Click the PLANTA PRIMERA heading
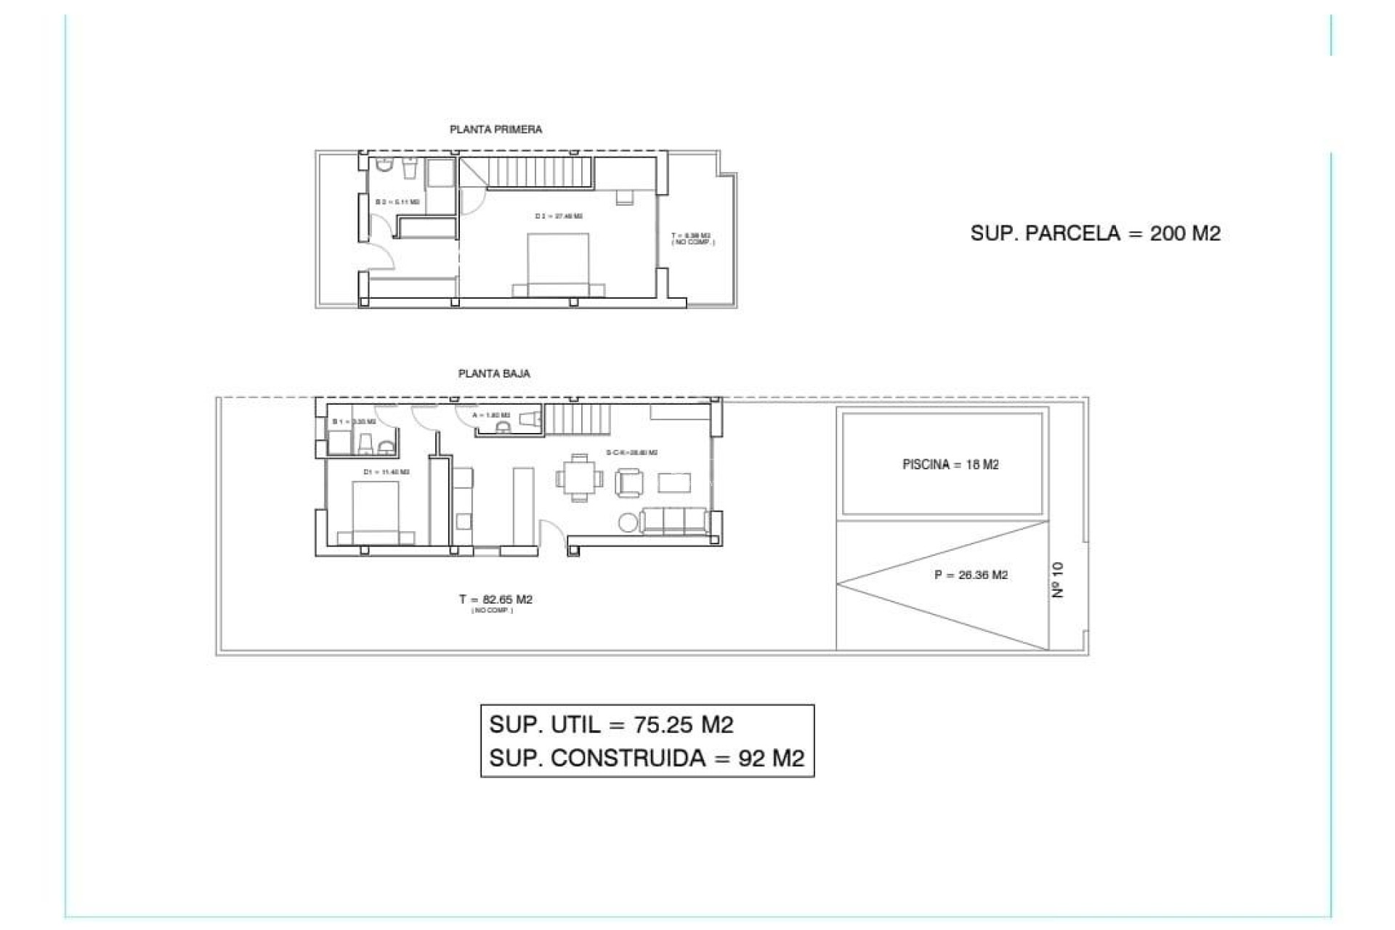pyautogui.click(x=496, y=129)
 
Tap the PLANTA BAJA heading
pyautogui.click(x=494, y=373)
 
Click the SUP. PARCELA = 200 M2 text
pyautogui.click(x=1095, y=233)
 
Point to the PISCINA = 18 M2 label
pyautogui.click(x=950, y=464)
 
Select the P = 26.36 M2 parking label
pyautogui.click(x=971, y=575)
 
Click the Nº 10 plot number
pyautogui.click(x=1058, y=579)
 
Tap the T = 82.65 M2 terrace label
pyautogui.click(x=496, y=599)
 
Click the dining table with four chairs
pyautogui.click(x=579, y=478)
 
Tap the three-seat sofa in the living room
pyautogui.click(x=675, y=520)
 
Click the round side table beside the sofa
pyautogui.click(x=628, y=522)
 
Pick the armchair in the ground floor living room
pyautogui.click(x=629, y=482)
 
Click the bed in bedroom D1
pyautogui.click(x=376, y=512)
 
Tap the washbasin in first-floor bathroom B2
pyautogui.click(x=409, y=169)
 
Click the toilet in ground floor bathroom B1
pyautogui.click(x=365, y=442)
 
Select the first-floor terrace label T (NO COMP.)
pyautogui.click(x=692, y=238)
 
